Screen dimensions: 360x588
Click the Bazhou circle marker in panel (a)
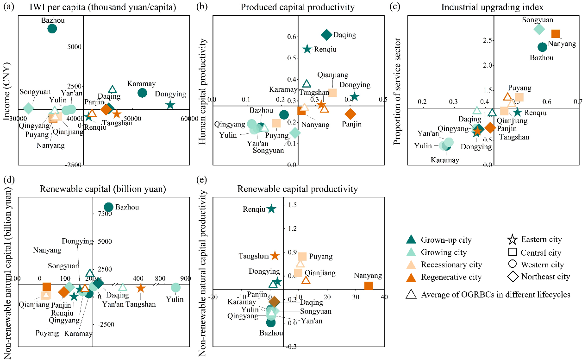[52, 29]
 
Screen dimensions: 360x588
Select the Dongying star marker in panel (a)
[170, 105]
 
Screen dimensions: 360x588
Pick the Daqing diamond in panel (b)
[326, 35]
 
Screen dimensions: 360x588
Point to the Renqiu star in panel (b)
[307, 49]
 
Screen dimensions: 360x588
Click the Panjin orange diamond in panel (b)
[350, 114]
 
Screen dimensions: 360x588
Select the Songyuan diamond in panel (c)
[539, 29]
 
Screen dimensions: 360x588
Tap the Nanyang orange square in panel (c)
[556, 33]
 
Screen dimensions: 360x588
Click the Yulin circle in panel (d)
[175, 288]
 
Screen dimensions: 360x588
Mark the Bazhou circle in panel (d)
[108, 207]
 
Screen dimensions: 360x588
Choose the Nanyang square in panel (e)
[368, 285]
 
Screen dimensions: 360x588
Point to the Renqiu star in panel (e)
[271, 209]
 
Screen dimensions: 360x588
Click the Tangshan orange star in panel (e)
[275, 255]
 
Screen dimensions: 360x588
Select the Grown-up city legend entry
[411, 240]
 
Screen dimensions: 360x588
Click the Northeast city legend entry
[512, 277]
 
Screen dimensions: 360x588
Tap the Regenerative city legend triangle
[411, 277]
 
